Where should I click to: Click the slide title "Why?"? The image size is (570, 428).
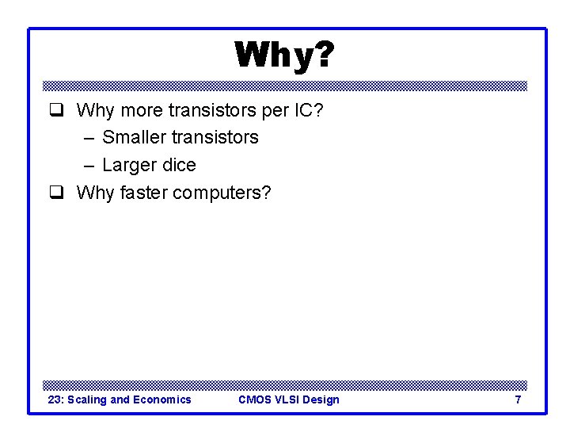point(284,55)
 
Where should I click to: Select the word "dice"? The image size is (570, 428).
point(178,165)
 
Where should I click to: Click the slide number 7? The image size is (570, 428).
point(518,399)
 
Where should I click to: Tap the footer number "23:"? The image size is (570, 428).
point(56,399)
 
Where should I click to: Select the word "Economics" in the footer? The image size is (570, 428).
point(162,399)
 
